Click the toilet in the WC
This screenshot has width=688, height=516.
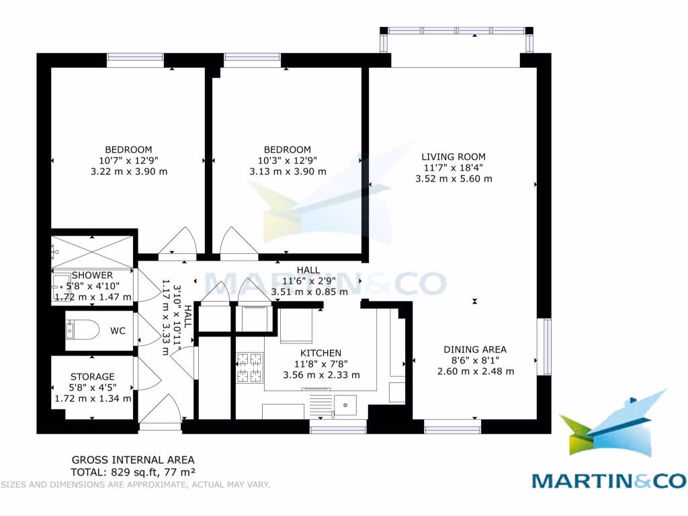[x=82, y=330]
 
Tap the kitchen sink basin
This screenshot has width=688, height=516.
[x=345, y=405]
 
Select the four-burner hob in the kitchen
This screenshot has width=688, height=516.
[x=249, y=368]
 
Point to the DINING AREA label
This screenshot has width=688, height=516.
[x=475, y=349]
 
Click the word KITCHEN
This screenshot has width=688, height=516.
[x=320, y=353]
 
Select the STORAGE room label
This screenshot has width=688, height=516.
[x=93, y=376]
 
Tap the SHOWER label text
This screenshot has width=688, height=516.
[x=92, y=275]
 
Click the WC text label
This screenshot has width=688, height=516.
[x=118, y=331]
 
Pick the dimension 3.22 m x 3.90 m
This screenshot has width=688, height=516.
[x=128, y=171]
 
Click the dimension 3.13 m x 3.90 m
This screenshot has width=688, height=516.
[x=288, y=171]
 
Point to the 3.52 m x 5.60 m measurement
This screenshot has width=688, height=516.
[x=454, y=179]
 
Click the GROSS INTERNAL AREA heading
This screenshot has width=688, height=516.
[x=133, y=460]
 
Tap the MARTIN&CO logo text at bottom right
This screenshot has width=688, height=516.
[x=609, y=480]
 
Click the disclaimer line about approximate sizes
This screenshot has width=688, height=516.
[x=134, y=484]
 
